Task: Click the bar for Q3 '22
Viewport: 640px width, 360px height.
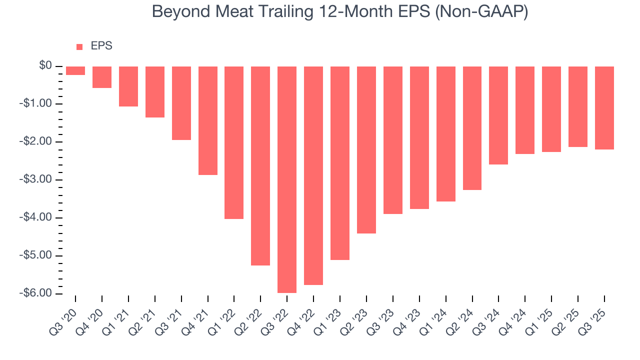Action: coord(287,179)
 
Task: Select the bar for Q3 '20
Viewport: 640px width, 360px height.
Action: coord(75,70)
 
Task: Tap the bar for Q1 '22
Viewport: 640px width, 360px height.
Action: coord(234,142)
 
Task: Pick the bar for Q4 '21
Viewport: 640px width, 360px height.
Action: coord(207,120)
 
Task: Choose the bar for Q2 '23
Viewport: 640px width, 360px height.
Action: coord(366,150)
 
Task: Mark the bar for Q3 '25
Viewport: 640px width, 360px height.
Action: coord(604,108)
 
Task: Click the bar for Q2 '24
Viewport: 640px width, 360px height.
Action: coord(472,128)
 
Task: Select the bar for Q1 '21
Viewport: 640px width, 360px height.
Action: coord(128,86)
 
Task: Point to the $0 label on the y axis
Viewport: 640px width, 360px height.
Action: coord(46,66)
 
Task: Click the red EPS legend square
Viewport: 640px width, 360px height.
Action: coord(79,47)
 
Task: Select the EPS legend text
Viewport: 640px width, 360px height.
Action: coord(101,46)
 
